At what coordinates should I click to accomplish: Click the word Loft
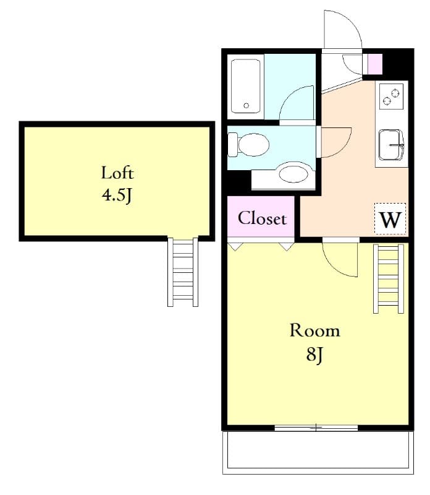click(117, 172)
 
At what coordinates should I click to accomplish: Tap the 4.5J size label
click(117, 196)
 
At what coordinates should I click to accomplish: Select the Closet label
click(262, 218)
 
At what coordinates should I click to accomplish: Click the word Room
click(314, 330)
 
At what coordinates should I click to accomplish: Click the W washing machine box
click(390, 220)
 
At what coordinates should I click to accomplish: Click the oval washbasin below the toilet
click(295, 173)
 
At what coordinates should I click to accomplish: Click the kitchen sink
click(390, 145)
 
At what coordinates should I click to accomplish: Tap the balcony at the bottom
click(317, 450)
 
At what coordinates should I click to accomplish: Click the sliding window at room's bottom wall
click(316, 428)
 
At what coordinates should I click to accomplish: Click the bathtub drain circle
click(247, 106)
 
